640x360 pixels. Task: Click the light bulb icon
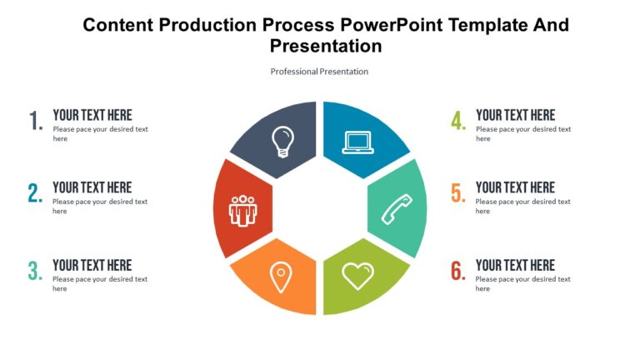[283, 141]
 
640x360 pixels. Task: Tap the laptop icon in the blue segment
[358, 142]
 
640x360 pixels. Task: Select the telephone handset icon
[396, 208]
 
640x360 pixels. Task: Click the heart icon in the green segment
[358, 275]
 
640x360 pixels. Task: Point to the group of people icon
[242, 209]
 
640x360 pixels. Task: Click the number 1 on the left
[36, 122]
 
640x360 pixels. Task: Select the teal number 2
[35, 194]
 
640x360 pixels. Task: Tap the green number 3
[35, 272]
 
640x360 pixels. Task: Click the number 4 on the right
[457, 122]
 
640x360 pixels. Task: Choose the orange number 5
[457, 194]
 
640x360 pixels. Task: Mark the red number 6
[457, 272]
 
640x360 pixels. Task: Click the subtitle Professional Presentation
[319, 72]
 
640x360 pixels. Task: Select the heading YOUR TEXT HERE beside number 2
[92, 187]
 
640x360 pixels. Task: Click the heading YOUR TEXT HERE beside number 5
[515, 187]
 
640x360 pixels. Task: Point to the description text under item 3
[99, 283]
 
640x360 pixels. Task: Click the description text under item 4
[522, 133]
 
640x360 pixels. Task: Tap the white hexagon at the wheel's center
[320, 208]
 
